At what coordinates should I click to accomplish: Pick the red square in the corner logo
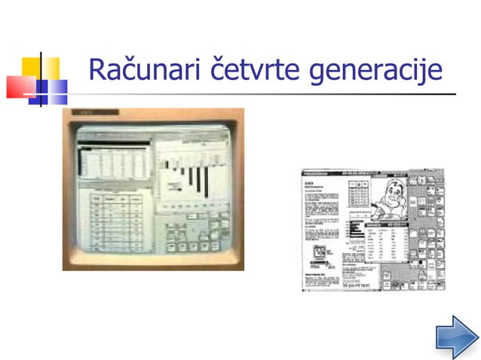(20, 87)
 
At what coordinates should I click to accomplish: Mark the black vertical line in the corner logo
(40, 79)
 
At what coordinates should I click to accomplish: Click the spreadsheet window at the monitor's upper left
(113, 162)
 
